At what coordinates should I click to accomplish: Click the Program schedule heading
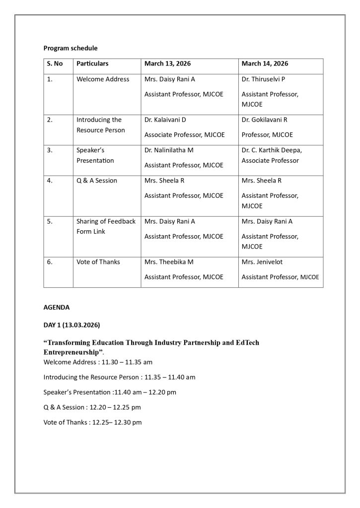(x=70, y=48)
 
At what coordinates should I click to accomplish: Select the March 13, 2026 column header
(x=167, y=63)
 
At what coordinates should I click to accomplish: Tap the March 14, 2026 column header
(x=265, y=63)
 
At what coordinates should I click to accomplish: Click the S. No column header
(x=55, y=63)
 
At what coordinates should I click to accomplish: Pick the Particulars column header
(x=92, y=63)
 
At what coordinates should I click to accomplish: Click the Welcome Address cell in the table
(x=103, y=79)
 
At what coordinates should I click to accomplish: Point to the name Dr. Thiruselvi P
(x=263, y=79)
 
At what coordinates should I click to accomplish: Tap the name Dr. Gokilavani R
(x=264, y=120)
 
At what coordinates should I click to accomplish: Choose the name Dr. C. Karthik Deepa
(x=272, y=150)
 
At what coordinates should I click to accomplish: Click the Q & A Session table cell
(x=96, y=181)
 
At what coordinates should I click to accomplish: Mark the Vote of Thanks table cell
(x=98, y=262)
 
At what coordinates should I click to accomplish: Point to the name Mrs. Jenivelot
(x=262, y=262)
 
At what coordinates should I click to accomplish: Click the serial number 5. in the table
(x=50, y=221)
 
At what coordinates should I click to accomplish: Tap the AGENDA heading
(x=57, y=308)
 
